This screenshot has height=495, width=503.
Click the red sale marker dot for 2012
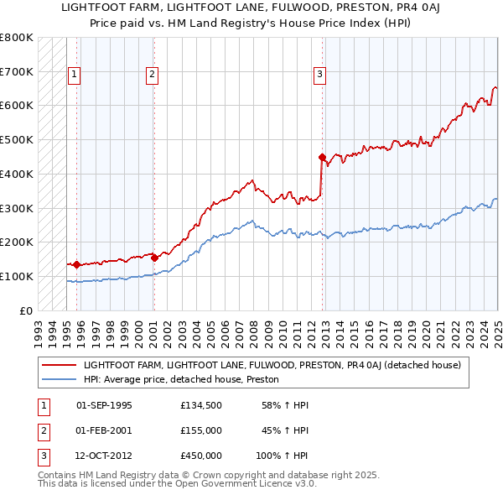[322, 156]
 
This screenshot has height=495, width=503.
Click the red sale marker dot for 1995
[76, 264]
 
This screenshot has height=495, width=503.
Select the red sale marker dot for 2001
[154, 258]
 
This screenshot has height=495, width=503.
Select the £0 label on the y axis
[24, 310]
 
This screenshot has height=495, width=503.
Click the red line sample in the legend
[59, 365]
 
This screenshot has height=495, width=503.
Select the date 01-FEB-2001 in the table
[104, 430]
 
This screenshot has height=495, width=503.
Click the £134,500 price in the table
[200, 405]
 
